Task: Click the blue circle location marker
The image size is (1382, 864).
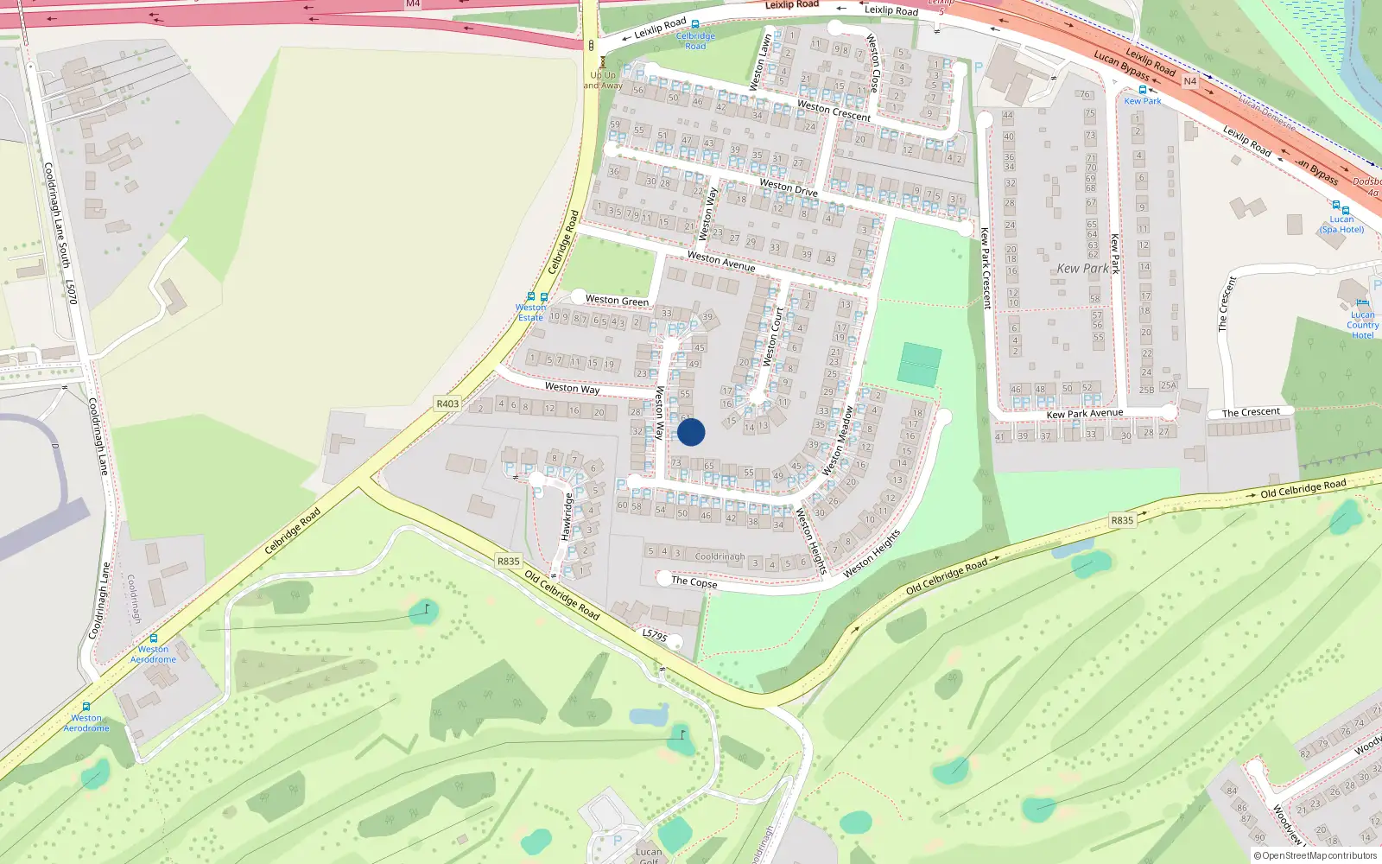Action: pyautogui.click(x=691, y=432)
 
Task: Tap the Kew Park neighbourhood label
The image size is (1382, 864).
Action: pyautogui.click(x=1082, y=269)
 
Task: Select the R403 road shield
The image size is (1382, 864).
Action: pyautogui.click(x=447, y=403)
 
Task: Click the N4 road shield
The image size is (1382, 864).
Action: pyautogui.click(x=1189, y=81)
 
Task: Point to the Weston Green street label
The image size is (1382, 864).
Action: pyautogui.click(x=617, y=301)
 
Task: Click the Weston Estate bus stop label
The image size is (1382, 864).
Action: pyautogui.click(x=531, y=312)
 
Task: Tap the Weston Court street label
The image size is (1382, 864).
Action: pyautogui.click(x=773, y=336)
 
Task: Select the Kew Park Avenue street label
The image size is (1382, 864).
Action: pyautogui.click(x=1085, y=414)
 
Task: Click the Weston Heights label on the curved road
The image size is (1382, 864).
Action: pyautogui.click(x=872, y=554)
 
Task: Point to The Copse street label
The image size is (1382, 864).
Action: pyautogui.click(x=694, y=581)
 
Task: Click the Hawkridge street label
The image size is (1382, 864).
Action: pyautogui.click(x=567, y=517)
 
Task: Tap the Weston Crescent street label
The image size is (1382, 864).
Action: pyautogui.click(x=834, y=110)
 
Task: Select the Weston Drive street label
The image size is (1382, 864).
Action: pyautogui.click(x=788, y=187)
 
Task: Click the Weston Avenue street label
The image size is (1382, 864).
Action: pyautogui.click(x=721, y=261)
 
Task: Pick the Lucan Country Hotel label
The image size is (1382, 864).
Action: pyautogui.click(x=1362, y=325)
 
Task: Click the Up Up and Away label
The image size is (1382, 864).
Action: pyautogui.click(x=603, y=80)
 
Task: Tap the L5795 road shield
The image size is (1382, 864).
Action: pyautogui.click(x=655, y=635)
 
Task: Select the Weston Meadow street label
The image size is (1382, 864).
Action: pyautogui.click(x=837, y=441)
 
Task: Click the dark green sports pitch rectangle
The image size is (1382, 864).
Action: pyautogui.click(x=919, y=364)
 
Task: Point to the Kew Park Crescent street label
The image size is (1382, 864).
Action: pyautogui.click(x=985, y=268)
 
